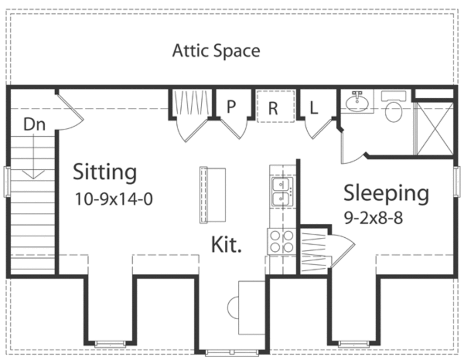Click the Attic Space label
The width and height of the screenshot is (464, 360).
tap(216, 51)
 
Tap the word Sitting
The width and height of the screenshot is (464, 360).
tap(105, 172)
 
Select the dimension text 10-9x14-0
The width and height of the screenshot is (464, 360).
tap(114, 199)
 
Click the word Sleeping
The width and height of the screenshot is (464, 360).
tap(386, 193)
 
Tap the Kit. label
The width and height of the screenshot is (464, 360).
tap(226, 245)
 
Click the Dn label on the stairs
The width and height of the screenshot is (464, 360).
tap(34, 125)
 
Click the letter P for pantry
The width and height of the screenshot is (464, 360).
tap(231, 107)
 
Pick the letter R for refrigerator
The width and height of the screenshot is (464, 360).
tap(273, 108)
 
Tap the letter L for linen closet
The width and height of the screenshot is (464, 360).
tap(314, 108)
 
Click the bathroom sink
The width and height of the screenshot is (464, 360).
tap(358, 102)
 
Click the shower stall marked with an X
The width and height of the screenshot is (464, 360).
tap(435, 129)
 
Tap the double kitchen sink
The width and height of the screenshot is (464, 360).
tap(282, 192)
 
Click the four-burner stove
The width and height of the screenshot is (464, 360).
tap(281, 241)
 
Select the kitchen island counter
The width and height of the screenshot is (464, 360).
tap(213, 194)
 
